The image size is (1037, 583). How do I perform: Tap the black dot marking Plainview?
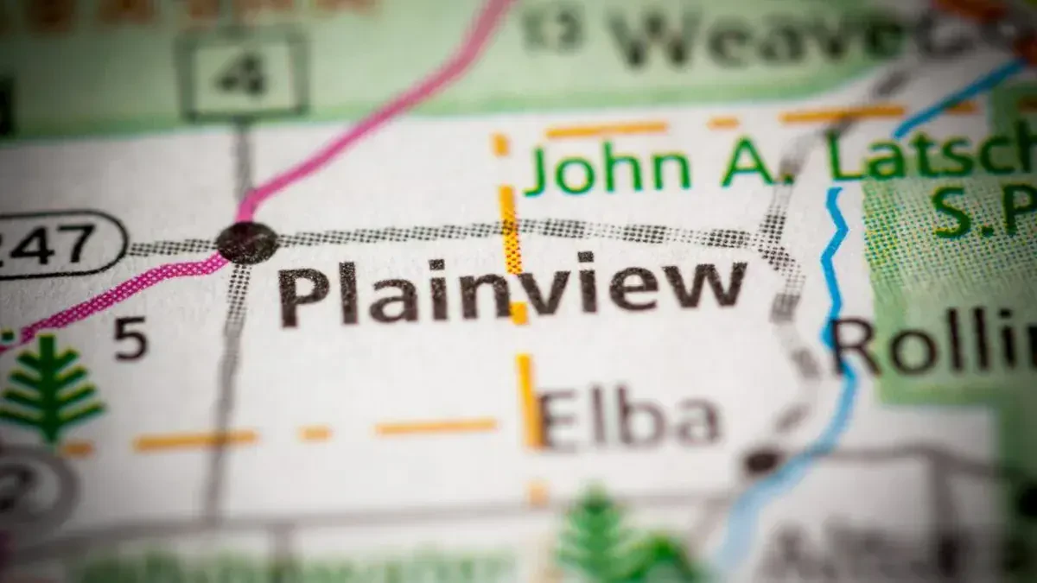247,242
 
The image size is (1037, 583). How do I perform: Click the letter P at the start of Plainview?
303,295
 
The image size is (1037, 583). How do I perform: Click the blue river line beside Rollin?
835,285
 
